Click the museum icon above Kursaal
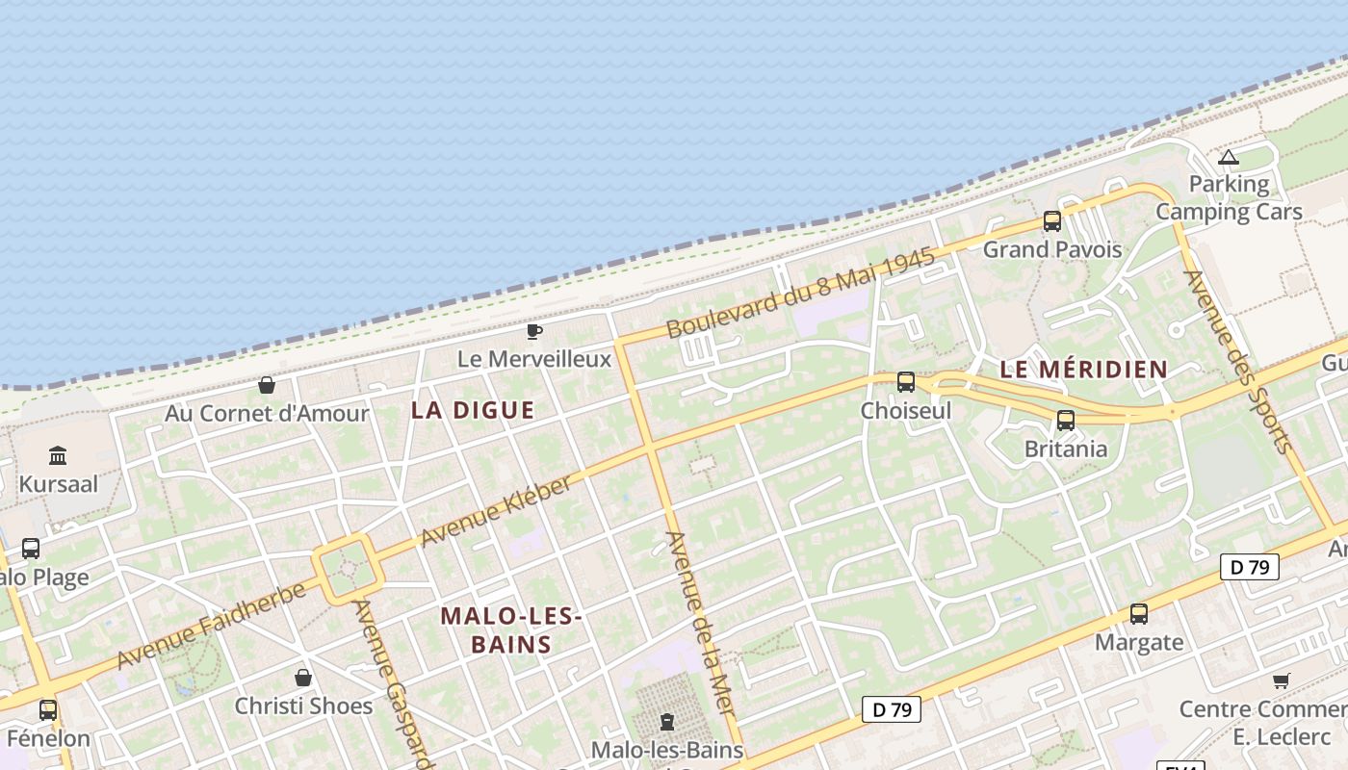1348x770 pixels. tap(58, 455)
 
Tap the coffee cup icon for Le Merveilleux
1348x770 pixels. tap(534, 332)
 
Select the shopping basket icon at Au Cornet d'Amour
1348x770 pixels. tap(267, 385)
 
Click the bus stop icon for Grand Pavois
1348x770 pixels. tap(1052, 221)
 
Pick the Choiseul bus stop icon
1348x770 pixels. tap(906, 382)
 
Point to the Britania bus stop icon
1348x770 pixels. tap(1066, 421)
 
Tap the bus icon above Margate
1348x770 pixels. tap(1139, 613)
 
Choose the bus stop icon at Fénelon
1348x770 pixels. tap(48, 710)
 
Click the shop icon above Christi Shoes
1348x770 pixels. tap(303, 678)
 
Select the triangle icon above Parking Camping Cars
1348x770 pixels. tap(1229, 157)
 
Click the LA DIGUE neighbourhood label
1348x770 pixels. tap(473, 410)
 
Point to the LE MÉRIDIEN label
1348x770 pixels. tap(1083, 369)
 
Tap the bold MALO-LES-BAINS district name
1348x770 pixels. tap(511, 629)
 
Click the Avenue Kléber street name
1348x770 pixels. tap(496, 510)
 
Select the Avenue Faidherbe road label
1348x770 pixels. tap(212, 626)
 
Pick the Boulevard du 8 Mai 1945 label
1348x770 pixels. tap(800, 293)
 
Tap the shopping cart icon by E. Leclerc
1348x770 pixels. tap(1282, 680)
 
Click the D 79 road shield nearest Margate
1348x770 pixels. tap(1250, 567)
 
